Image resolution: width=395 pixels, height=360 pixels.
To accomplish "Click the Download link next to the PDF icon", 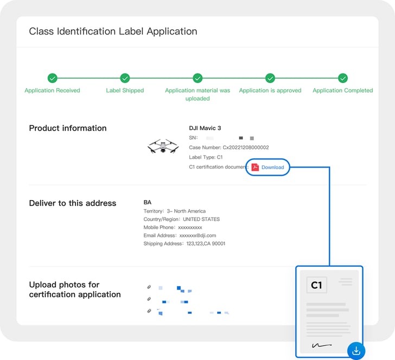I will [272, 168].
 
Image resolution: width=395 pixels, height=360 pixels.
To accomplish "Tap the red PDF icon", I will [255, 168].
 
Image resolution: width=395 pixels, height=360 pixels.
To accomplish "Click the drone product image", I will [162, 146].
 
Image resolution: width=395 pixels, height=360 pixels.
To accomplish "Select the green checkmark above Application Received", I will [52, 78].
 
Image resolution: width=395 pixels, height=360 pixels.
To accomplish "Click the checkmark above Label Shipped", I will [125, 78].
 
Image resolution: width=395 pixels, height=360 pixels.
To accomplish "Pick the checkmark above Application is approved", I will [270, 78].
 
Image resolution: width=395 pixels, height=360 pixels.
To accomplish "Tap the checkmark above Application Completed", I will [342, 78].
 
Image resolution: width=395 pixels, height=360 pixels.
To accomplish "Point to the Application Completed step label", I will [342, 91].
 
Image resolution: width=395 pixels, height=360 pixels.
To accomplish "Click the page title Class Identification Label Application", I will [113, 31].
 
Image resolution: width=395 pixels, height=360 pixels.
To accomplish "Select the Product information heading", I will [68, 128].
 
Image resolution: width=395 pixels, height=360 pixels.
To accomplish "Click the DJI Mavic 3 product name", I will [205, 128].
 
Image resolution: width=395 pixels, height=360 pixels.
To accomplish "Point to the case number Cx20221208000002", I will [228, 147].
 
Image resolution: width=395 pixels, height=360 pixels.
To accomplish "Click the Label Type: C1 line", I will [202, 157].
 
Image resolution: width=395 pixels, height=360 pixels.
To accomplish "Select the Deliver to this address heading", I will [72, 203].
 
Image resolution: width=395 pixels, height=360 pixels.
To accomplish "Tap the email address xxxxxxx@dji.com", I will [180, 236].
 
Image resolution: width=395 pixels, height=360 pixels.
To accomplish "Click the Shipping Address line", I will [184, 244].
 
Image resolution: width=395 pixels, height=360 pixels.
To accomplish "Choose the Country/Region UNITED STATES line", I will [181, 220].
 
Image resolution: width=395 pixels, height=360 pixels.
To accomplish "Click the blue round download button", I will [356, 350].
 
